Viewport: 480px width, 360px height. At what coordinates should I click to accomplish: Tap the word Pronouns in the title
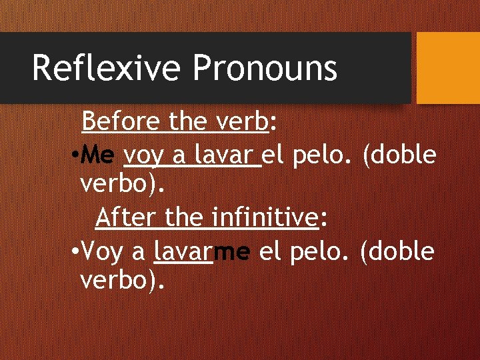coord(265,68)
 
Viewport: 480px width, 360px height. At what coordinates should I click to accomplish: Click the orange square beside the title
coord(447,68)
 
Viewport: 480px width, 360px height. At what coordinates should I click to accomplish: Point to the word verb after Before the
coord(242,122)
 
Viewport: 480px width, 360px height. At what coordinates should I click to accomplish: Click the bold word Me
coord(99,156)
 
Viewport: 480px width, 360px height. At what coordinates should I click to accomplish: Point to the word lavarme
coord(202,251)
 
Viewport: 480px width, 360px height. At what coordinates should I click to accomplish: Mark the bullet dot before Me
coord(75,157)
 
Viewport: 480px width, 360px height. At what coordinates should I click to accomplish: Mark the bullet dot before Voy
coord(75,253)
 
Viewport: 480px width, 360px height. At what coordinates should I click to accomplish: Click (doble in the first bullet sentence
coord(399,156)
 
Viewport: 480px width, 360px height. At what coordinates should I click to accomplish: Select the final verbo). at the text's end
coord(122,281)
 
